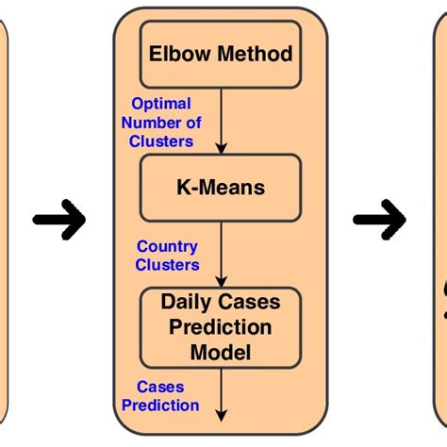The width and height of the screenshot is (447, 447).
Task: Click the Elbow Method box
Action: point(221,55)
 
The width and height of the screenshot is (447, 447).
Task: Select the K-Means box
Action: point(221,188)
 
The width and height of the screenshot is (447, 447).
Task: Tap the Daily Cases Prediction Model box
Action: point(221,326)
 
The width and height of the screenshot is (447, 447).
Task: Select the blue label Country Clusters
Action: point(167,256)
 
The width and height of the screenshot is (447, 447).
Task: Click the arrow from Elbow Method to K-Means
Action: point(222,123)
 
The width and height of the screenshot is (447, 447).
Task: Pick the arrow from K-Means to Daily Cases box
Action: point(222,256)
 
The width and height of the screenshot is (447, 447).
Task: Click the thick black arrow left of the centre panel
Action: point(59,220)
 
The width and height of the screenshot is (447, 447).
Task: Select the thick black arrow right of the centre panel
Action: point(379,220)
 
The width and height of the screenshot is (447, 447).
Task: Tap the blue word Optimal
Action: point(161,104)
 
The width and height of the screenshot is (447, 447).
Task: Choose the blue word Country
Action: point(167,247)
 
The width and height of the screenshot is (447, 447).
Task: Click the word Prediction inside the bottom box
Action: point(221,326)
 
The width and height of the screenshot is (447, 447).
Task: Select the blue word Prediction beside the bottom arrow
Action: point(167,406)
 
